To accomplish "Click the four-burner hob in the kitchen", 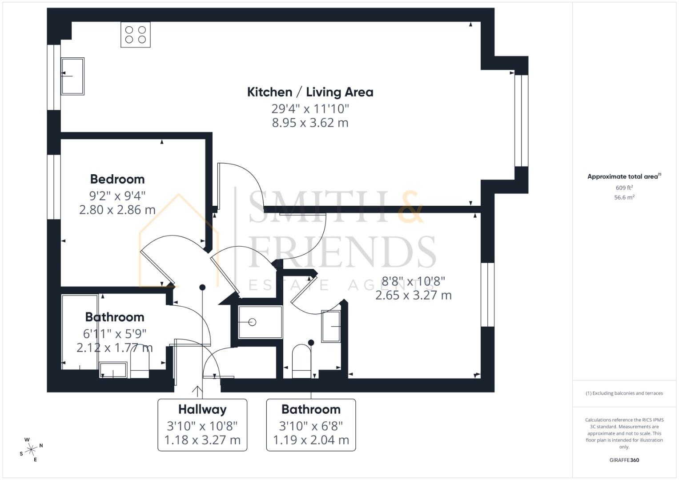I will point(136,35).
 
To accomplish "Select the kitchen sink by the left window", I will point(72,76).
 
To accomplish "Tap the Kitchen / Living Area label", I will point(310,92).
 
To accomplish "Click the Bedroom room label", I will point(117,179).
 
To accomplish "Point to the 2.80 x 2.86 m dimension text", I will point(117,210).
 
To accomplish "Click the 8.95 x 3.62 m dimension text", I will point(310,123).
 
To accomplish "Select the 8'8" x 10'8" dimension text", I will point(413,281).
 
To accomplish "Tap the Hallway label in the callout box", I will point(202,409).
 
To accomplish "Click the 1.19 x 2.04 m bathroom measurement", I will point(311,440).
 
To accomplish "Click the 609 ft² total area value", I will point(624,188).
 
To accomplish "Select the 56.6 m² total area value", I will point(624,198).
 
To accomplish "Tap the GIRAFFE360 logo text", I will point(624,460).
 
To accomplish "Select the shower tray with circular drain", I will point(260,322).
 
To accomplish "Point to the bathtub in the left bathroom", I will point(80,332).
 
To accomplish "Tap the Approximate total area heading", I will point(624,176).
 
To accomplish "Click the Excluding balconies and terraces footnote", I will point(624,393).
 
